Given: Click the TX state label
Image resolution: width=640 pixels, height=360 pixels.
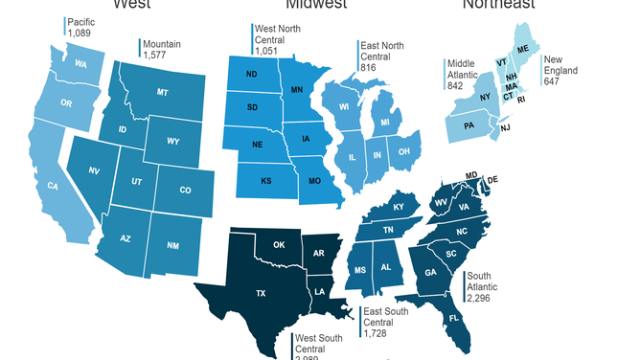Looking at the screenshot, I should point(260,294).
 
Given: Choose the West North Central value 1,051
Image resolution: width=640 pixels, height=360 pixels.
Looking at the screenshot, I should point(271,53).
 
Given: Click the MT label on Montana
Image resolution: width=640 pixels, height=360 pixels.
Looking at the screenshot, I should point(164,92).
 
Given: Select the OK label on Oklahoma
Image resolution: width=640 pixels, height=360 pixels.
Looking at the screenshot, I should point(280,245).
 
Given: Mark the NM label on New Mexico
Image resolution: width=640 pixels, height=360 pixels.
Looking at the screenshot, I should point(172,246).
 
